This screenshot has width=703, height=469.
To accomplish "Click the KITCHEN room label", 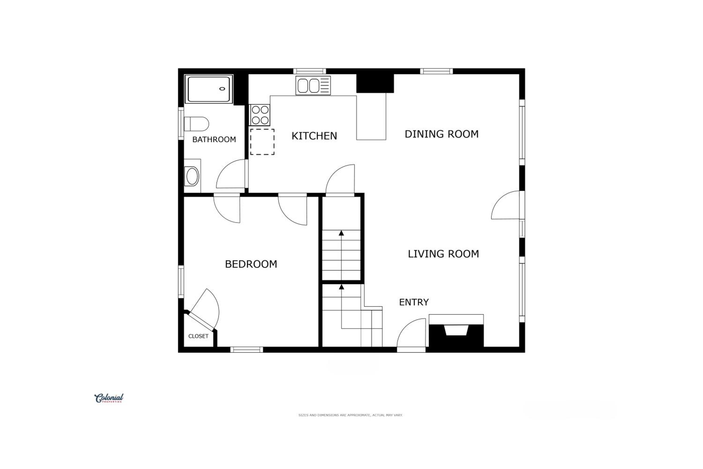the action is (x=314, y=136).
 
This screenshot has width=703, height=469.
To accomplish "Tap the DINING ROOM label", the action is (x=441, y=134).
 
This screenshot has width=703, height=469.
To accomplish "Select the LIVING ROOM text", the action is (x=443, y=254).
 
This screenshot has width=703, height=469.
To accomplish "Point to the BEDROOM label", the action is (x=251, y=264).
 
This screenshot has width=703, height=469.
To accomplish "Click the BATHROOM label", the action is (x=214, y=139).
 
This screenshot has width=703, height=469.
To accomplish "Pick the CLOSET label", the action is (x=198, y=336).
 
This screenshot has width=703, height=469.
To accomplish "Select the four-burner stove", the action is (x=260, y=115).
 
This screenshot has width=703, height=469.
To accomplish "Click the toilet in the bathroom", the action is (x=196, y=124).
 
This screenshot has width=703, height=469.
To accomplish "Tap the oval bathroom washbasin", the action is (x=192, y=176).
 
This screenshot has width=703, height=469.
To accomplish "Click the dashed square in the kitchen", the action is (x=262, y=142).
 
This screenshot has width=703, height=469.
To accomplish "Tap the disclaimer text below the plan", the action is (x=350, y=415).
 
